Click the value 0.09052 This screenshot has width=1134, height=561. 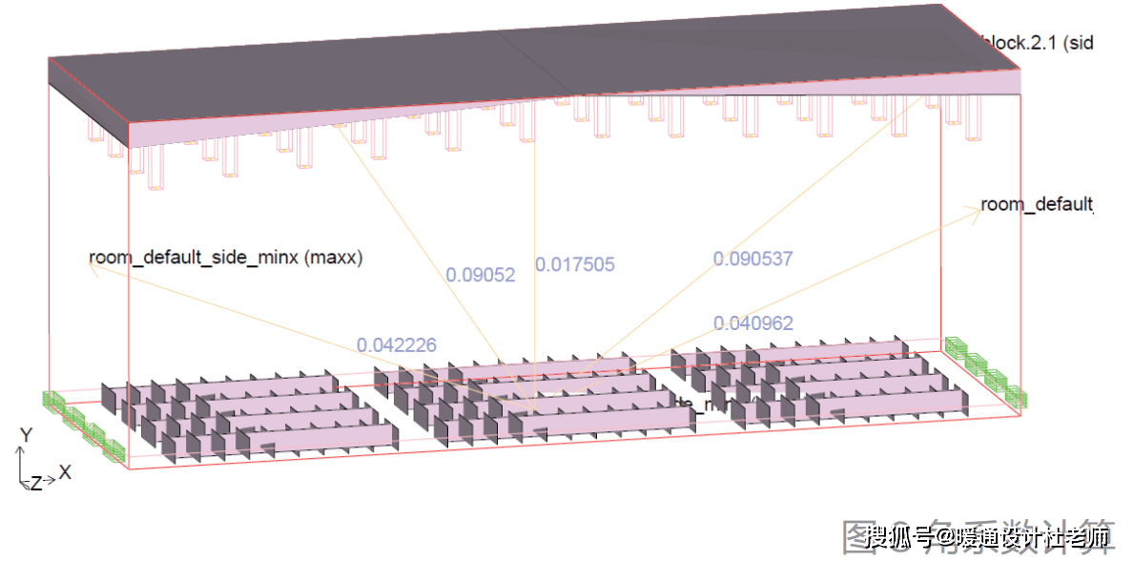481,275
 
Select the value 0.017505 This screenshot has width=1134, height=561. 574,264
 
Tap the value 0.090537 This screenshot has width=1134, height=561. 753,258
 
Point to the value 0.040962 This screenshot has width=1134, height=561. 753,323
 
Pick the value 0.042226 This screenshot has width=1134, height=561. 396,344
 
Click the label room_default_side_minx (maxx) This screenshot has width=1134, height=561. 226,257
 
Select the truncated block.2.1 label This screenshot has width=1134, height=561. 1036,42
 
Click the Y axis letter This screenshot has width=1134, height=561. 27,435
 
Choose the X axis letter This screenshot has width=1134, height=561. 65,471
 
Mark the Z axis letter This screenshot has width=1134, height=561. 35,483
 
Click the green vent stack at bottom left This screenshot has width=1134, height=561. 85,426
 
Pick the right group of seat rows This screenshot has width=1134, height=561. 811,382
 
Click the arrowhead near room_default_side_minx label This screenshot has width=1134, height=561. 92,268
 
